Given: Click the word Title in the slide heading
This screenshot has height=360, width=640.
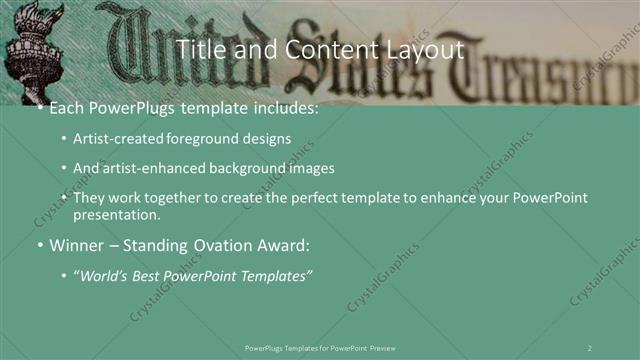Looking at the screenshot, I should [199, 48].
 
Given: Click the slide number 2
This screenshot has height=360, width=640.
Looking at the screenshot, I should [589, 347].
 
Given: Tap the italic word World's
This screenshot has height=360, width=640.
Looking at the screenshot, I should [105, 274].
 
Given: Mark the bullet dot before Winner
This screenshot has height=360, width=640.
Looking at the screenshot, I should [39, 245].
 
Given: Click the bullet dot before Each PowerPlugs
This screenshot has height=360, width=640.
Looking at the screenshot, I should [39, 108].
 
